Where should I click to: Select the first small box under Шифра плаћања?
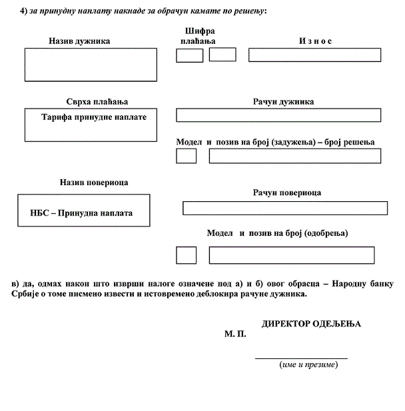189,55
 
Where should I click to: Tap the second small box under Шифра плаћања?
222,54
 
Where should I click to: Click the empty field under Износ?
314,55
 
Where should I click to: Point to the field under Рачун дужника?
278,115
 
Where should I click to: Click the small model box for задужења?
187,156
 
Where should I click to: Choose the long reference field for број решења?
295,156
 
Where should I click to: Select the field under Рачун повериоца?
284,208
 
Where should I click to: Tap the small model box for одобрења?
187,255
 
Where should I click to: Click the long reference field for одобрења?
295,255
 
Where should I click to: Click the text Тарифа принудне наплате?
94,117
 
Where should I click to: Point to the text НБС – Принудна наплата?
82,213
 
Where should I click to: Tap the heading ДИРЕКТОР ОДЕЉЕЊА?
311,323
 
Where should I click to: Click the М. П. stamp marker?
235,334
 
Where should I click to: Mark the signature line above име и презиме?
301,358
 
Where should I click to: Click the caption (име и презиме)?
308,365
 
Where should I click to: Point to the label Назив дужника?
79,41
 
